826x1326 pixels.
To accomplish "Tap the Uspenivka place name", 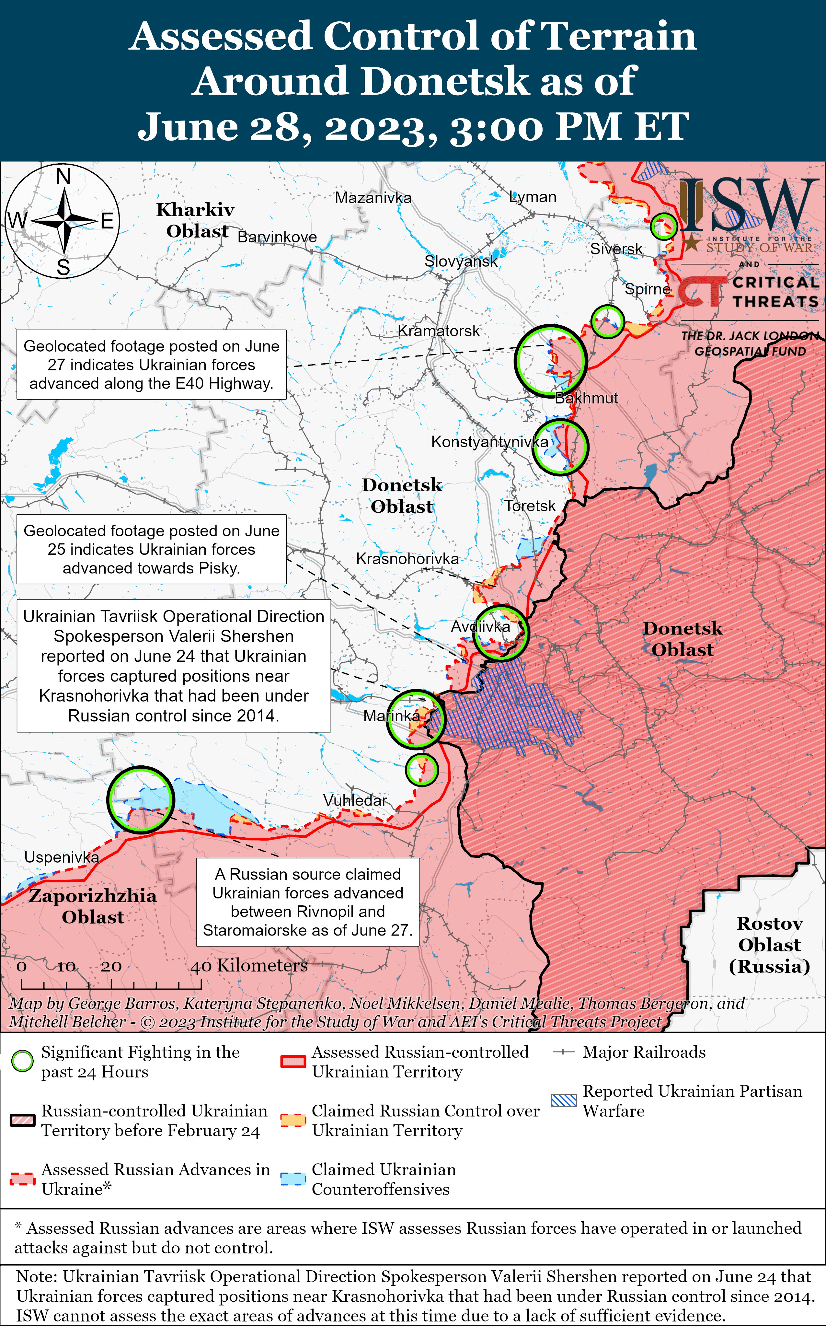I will (x=62, y=857).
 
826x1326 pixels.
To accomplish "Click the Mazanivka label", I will (x=373, y=198).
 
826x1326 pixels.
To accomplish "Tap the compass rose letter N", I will (x=63, y=177).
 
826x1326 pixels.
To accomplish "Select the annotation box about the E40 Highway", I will (x=151, y=365).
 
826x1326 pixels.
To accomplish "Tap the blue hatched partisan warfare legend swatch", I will (x=564, y=1100).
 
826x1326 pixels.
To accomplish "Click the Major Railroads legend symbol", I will (x=563, y=1052).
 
